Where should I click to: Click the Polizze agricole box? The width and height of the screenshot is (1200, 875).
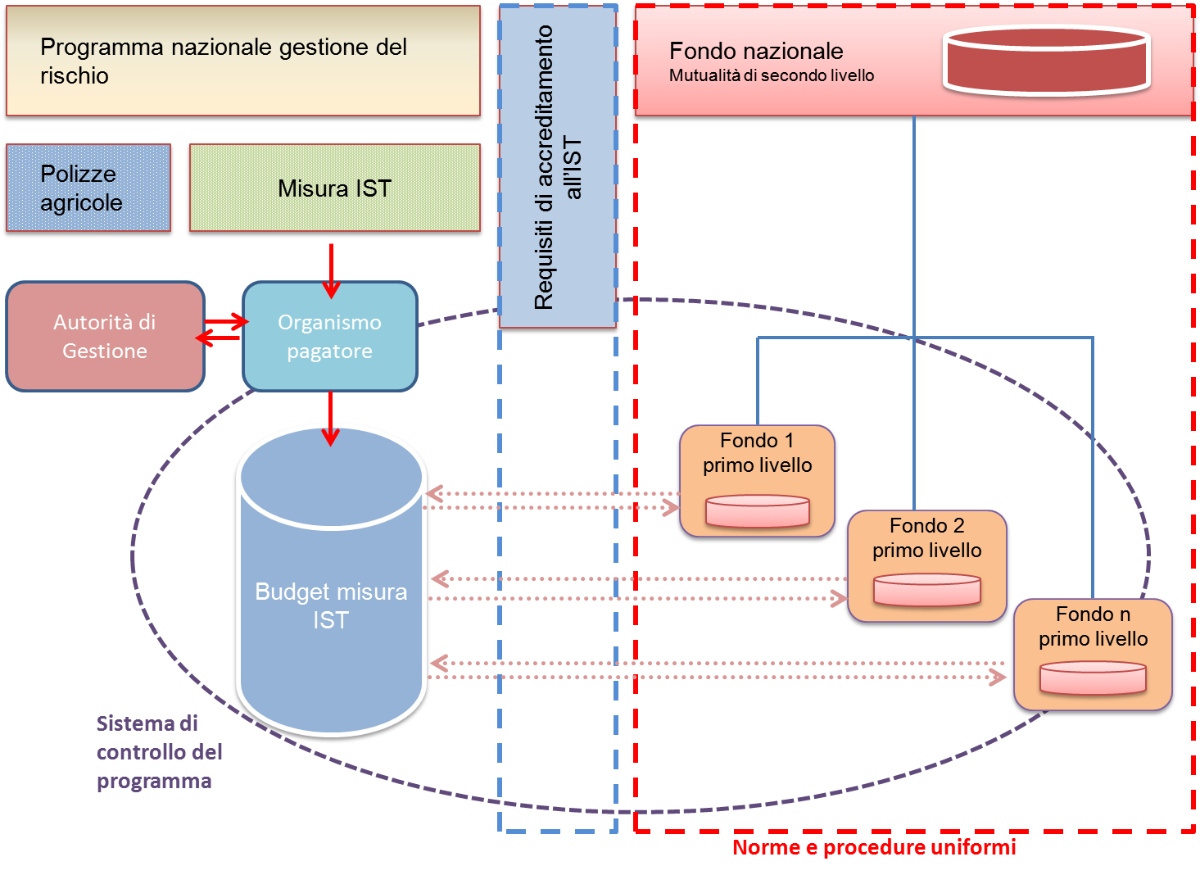(x=88, y=188)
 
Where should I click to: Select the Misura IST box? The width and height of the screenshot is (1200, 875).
(x=334, y=188)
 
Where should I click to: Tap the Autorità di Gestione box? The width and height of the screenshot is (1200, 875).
(x=105, y=337)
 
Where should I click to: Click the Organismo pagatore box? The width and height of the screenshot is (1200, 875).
(x=330, y=337)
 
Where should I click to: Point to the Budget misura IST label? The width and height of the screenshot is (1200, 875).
(x=331, y=605)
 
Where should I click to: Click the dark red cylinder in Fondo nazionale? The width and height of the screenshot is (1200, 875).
(x=1047, y=61)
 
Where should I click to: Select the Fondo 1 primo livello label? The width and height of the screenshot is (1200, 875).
(x=757, y=453)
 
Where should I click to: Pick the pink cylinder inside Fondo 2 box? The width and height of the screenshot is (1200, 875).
(x=926, y=590)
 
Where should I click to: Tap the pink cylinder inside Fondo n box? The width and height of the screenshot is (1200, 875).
(x=1093, y=678)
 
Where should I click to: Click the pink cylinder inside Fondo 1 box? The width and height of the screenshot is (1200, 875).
(x=757, y=511)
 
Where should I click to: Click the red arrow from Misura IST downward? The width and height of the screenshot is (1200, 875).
(x=331, y=270)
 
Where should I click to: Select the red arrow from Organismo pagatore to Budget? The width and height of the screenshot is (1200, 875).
(x=330, y=418)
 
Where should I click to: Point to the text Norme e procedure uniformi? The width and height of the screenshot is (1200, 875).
(x=873, y=847)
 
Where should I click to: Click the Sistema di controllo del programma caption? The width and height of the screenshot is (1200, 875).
(x=159, y=752)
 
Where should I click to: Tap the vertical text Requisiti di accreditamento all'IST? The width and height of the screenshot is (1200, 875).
(x=558, y=168)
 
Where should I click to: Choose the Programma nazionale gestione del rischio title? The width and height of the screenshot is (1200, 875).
(x=223, y=61)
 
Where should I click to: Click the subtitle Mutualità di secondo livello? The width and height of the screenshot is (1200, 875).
(x=771, y=75)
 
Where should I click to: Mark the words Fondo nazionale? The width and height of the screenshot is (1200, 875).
(x=756, y=51)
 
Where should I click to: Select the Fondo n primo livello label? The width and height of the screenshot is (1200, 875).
(x=1093, y=626)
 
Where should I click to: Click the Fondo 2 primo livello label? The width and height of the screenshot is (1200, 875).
(x=926, y=537)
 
